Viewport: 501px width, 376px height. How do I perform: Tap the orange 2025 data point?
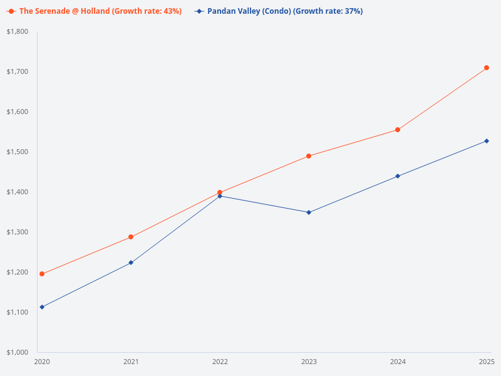point(487,68)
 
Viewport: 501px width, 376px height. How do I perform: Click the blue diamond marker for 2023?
point(309,212)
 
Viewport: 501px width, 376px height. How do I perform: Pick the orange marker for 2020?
point(42,274)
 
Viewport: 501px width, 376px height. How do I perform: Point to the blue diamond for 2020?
point(42,307)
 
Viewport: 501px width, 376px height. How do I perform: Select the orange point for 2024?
point(398,130)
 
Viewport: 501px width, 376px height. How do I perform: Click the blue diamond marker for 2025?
point(487,141)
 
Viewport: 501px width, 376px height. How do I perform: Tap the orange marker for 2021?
point(131,237)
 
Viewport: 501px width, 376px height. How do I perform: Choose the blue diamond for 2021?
point(131,263)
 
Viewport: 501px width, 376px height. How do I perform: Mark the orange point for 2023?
point(309,156)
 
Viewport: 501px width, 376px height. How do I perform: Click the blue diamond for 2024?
point(398,176)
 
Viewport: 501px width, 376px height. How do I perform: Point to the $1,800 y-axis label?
point(18,31)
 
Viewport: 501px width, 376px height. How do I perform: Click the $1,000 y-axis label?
point(18,352)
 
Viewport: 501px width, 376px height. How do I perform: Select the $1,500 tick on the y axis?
point(18,152)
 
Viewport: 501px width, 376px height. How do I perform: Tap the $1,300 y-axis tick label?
point(18,232)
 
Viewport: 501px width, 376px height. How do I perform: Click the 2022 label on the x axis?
point(220,362)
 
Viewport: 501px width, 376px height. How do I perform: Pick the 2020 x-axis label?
point(42,362)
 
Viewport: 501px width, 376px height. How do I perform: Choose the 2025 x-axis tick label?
point(487,362)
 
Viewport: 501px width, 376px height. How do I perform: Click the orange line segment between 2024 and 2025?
point(442,99)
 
